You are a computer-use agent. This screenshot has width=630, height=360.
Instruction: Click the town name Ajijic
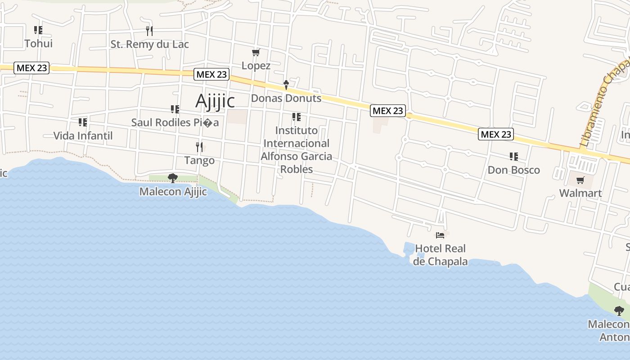(215, 101)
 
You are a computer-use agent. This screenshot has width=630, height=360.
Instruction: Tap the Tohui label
(38, 44)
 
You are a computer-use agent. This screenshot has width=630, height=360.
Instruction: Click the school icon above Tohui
(38, 30)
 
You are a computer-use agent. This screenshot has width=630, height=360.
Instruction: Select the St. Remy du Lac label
(149, 44)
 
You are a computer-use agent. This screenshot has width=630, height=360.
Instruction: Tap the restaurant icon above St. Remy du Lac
(149, 31)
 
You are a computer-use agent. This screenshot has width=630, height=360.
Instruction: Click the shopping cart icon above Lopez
(256, 53)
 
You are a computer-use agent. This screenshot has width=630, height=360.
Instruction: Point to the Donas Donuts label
(286, 98)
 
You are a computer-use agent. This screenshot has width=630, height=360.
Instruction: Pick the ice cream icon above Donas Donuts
(286, 85)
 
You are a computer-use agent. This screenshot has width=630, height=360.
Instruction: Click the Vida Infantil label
(83, 135)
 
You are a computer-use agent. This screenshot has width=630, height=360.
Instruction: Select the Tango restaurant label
(199, 160)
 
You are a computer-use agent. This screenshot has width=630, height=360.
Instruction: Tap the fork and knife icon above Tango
(199, 147)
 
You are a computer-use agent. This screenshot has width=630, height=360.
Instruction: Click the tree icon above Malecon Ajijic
(172, 178)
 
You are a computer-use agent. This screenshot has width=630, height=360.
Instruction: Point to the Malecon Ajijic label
(173, 192)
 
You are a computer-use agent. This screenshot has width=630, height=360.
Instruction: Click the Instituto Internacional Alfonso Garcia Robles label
(297, 150)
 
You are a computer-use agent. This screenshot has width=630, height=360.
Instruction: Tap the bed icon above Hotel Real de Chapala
(440, 235)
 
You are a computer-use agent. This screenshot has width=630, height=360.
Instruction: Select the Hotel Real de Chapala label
(440, 255)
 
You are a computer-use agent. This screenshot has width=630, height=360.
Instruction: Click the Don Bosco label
(513, 170)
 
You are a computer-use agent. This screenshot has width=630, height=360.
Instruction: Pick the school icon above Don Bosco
(513, 157)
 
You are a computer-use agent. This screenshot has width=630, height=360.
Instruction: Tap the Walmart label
(580, 193)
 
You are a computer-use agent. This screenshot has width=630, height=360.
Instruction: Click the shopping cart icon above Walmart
(580, 180)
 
